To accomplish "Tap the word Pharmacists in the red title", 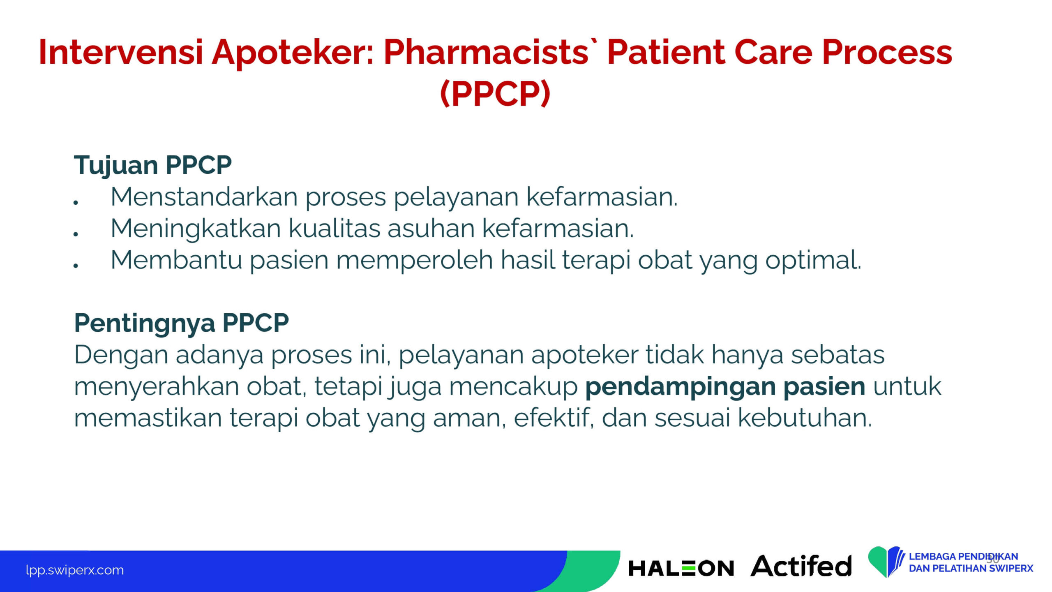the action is coord(486,52).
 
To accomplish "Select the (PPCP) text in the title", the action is coord(495,93).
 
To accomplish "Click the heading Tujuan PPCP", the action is coord(153,165).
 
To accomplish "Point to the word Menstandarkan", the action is coord(204,197).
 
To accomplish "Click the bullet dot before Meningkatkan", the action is coord(76,234).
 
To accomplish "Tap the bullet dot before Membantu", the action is coord(76,266).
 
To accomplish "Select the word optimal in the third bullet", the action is coord(812,261).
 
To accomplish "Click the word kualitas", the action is coord(334,228).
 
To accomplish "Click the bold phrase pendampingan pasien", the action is coord(725,387).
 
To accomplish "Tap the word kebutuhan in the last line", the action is coord(805,418).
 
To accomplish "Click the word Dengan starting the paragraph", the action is coord(121,356).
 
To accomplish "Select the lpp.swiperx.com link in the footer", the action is coord(74,570).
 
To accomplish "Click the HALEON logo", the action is coord(681,569).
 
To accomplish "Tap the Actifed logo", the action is coord(801,566).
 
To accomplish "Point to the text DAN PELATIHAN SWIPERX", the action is coord(971,569).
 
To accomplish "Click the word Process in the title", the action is coord(887,52).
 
